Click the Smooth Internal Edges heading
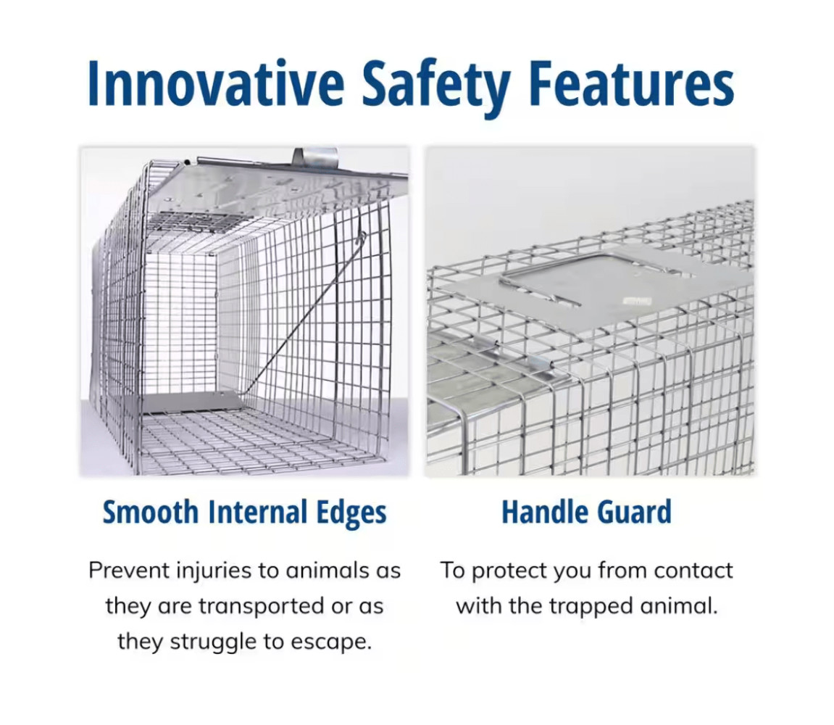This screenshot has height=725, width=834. point(244,513)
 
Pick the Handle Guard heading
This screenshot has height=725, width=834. point(586,513)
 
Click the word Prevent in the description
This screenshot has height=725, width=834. point(129,570)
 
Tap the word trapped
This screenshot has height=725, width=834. point(588,605)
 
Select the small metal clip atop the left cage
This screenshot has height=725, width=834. point(314,158)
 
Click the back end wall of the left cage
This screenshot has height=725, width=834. point(181,319)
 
